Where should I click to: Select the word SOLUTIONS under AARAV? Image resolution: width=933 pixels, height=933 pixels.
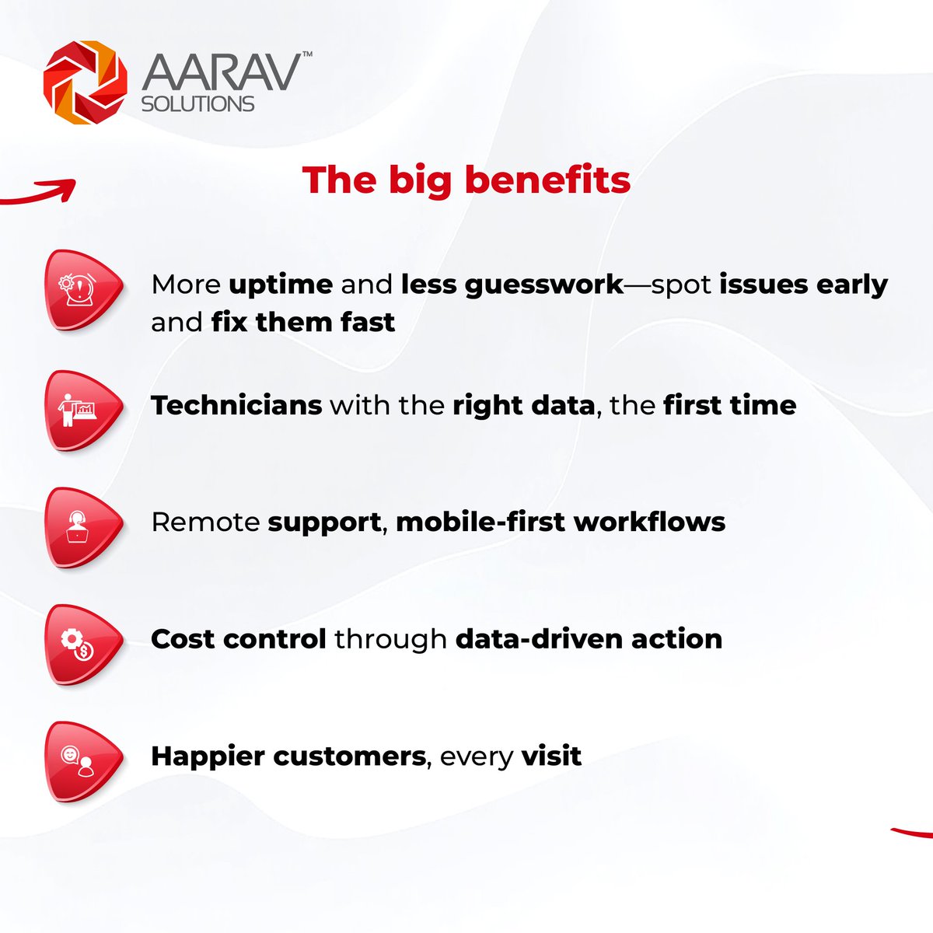click(x=197, y=103)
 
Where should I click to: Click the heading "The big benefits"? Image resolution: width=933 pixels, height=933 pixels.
click(x=466, y=180)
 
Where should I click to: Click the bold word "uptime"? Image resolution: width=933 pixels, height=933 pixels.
click(x=281, y=285)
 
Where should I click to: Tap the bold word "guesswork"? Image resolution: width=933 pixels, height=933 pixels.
click(x=544, y=285)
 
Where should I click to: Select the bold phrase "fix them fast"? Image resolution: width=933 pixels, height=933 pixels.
click(x=303, y=322)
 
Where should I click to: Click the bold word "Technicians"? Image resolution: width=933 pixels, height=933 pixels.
click(x=236, y=405)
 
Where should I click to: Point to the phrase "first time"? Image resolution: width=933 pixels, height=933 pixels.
click(x=730, y=405)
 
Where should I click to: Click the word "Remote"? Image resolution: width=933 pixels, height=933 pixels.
click(x=206, y=522)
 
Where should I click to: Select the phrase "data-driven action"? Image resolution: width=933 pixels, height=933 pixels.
click(x=589, y=639)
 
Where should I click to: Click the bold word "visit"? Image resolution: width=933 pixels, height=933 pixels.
click(x=551, y=756)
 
